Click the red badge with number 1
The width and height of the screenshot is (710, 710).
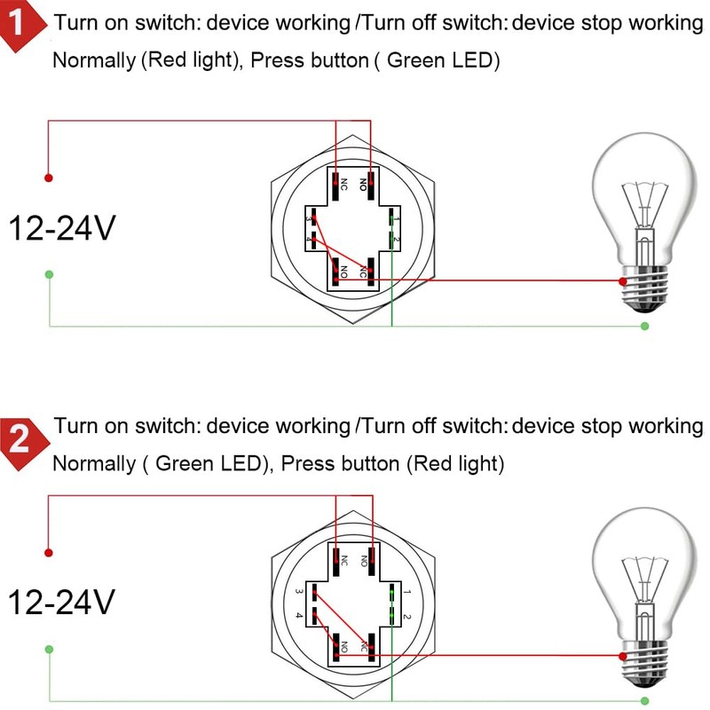coord(21,26)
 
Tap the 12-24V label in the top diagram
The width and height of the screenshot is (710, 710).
coord(62,229)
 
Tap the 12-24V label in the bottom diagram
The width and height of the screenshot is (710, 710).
coord(62,603)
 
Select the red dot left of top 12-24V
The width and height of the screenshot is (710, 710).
coord(49,177)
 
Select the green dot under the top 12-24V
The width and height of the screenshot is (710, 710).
coord(49,274)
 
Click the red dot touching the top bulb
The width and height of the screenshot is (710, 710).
coord(623,281)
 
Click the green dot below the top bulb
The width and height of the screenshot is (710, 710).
coord(645,327)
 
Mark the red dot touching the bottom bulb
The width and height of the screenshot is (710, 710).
coord(623,657)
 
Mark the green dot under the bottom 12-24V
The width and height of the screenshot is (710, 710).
coord(49,650)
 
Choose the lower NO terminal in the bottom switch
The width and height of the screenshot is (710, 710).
coord(338,647)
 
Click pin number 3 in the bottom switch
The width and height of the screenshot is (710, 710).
coord(300,591)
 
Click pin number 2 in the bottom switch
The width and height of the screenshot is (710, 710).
coord(406,616)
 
